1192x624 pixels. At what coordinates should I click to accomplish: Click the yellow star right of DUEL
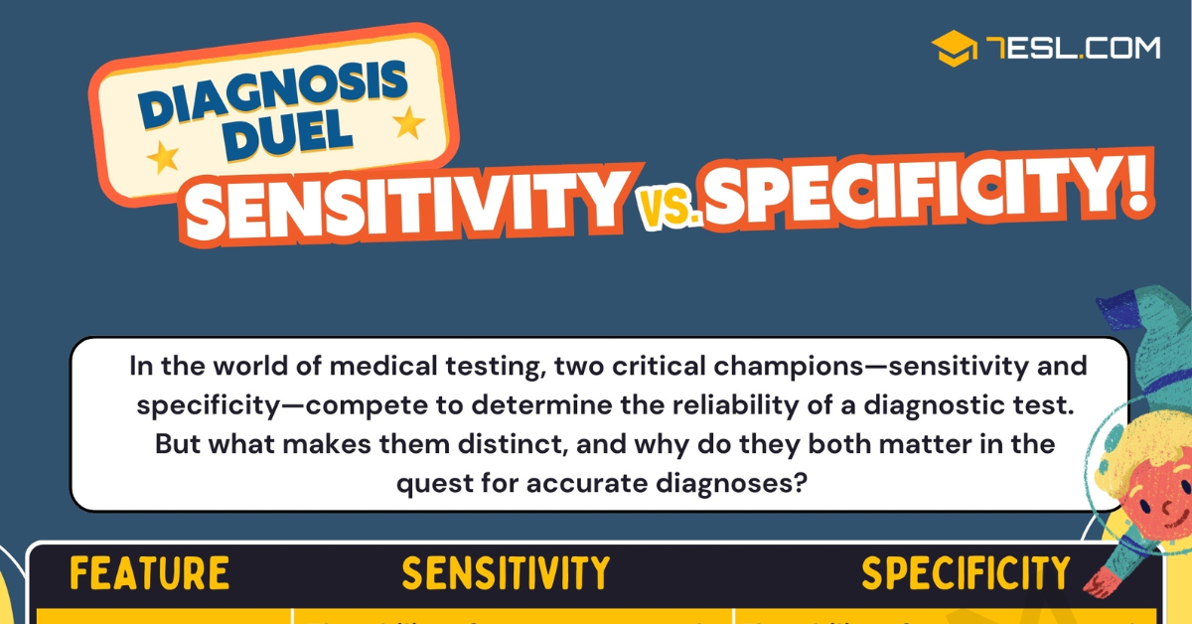coord(408,123)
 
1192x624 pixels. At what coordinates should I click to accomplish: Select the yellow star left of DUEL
coord(162,156)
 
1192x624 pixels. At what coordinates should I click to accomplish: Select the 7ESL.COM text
coord(1074,48)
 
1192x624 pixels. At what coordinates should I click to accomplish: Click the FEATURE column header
coord(150,574)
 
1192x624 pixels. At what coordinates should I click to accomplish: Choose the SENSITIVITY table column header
coord(506,574)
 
